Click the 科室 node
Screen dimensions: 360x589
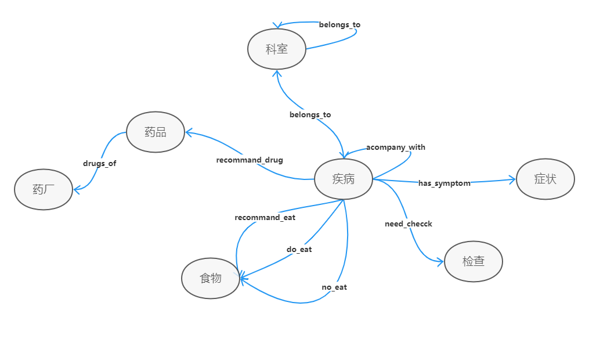tap(276, 49)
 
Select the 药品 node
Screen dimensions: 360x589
tap(155, 132)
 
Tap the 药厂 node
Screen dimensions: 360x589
tap(44, 189)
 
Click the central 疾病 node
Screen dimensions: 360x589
tap(343, 179)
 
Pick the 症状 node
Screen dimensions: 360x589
tap(545, 179)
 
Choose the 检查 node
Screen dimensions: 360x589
tap(473, 261)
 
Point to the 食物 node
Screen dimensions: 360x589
tap(211, 278)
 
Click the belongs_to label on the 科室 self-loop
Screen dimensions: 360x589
tap(339, 24)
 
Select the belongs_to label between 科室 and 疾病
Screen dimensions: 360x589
tap(310, 114)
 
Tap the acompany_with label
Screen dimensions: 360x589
tap(396, 147)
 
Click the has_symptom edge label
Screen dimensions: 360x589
tap(444, 183)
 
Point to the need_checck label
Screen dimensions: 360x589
tap(408, 224)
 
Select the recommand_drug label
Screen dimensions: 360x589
tap(250, 160)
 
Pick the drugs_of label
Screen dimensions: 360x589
tap(100, 163)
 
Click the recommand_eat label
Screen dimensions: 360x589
tap(265, 217)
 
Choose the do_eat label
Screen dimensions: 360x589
tap(299, 249)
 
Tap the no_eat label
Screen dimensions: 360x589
tap(334, 287)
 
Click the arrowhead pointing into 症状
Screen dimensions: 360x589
tap(512, 179)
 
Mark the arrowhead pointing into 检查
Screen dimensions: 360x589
tap(440, 262)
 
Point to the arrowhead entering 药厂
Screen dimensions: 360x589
tap(76, 188)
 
